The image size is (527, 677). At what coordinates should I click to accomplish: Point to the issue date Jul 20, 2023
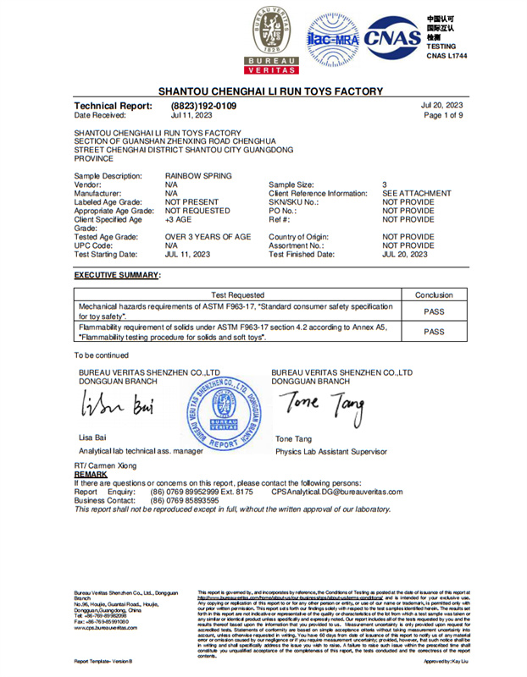pos(442,105)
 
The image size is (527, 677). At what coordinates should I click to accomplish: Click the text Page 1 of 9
pos(443,115)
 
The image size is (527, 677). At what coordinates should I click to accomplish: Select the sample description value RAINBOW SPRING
pos(198,175)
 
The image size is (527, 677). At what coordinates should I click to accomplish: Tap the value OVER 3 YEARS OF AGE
pos(208,237)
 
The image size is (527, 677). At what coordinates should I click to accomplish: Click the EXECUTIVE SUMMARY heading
pos(117,275)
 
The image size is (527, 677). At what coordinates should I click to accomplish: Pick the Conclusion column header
pos(434,294)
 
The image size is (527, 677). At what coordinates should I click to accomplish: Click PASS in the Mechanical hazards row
pos(434,311)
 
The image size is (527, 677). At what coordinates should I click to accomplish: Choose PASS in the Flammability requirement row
pos(434,332)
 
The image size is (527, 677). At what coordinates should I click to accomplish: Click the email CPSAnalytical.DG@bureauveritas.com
pos(337,492)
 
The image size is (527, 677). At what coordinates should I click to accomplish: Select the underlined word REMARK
pos(92,475)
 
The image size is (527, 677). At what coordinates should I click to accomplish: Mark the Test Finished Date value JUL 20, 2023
pos(405,254)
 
